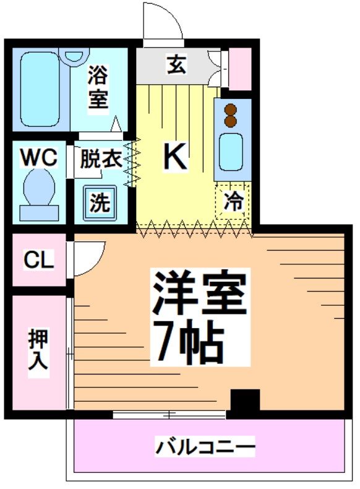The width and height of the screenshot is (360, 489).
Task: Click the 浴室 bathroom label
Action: [x=97, y=87]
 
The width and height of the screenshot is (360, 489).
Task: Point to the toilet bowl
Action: [x=39, y=188]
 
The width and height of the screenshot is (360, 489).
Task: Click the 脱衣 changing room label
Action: [x=100, y=159]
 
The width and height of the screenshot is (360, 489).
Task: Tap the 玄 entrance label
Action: [x=176, y=64]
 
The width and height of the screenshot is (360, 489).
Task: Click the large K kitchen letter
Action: [x=175, y=157]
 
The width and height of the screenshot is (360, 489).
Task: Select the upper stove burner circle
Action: [x=231, y=107]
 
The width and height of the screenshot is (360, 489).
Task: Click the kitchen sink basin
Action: [x=231, y=152]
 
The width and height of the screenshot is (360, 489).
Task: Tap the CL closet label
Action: [x=38, y=261]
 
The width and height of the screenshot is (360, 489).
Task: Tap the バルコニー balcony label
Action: [x=205, y=446]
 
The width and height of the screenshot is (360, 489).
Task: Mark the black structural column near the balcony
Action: [x=245, y=402]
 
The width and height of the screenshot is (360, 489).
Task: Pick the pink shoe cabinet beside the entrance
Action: [x=240, y=67]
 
